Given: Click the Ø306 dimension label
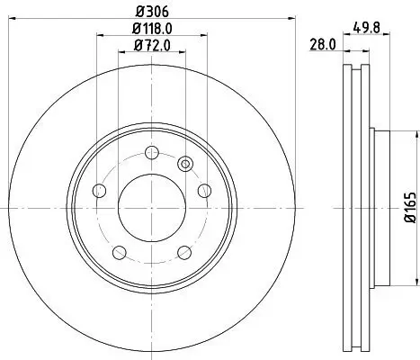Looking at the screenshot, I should [152, 12].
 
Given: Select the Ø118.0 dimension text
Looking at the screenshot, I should [152, 28].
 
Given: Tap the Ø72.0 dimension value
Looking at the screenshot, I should [152, 44].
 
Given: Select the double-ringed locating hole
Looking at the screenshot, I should [186, 163].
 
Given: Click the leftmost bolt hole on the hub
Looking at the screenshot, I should [99, 192].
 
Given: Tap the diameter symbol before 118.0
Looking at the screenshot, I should [132, 28].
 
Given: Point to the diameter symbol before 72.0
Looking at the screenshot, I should [136, 44].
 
